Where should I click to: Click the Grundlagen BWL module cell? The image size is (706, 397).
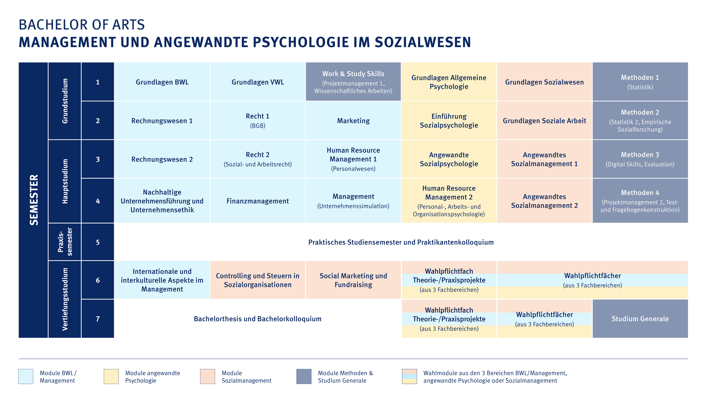point(162,82)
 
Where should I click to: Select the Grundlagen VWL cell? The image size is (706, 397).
point(258,82)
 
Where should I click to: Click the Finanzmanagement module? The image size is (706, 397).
point(258,201)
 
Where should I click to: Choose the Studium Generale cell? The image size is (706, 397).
point(640,319)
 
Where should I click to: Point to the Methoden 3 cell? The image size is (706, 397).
point(640,159)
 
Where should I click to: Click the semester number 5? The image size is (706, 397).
point(98,242)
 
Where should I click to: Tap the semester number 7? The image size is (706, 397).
point(98,319)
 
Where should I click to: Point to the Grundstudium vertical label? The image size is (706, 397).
point(65,101)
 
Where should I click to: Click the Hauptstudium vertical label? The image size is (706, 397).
point(65,181)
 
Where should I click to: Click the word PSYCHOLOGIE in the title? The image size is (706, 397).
point(310,42)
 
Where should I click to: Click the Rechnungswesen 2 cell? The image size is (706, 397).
point(162,159)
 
